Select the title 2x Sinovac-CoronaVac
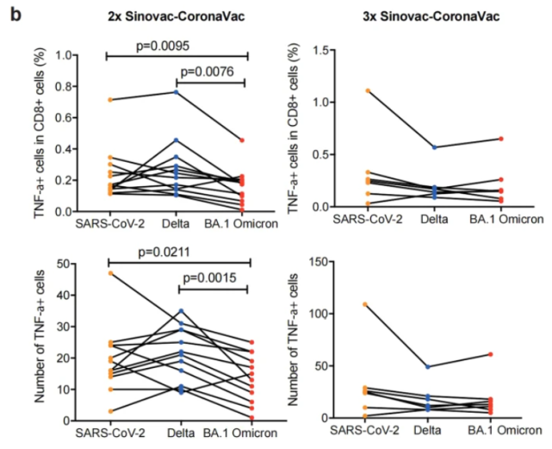[x=176, y=16]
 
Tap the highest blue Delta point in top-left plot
[x=177, y=92]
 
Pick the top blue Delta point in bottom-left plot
[x=177, y=310]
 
